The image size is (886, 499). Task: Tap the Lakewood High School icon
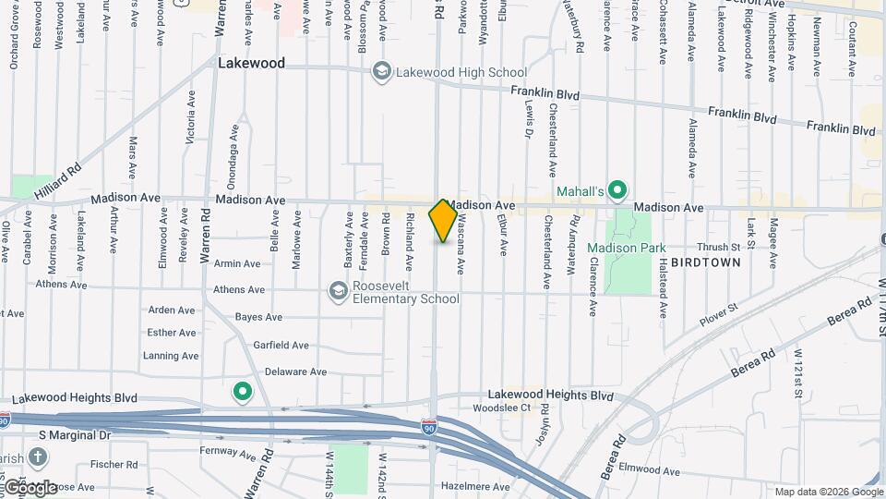click(381, 72)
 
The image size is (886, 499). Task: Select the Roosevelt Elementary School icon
click(339, 292)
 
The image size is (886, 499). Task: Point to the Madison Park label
click(626, 248)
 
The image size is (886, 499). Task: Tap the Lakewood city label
click(251, 64)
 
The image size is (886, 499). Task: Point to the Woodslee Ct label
click(501, 408)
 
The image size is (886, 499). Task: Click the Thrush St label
click(719, 247)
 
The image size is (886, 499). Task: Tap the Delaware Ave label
click(295, 371)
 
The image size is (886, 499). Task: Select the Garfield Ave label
click(281, 345)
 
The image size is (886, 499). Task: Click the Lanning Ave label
click(171, 356)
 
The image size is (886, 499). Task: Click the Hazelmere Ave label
click(475, 486)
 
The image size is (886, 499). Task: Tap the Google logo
click(30, 487)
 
